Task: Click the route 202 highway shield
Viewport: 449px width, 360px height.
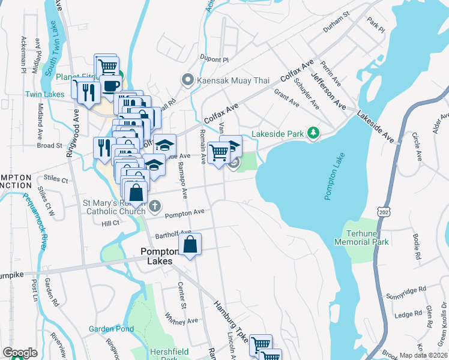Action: (383, 212)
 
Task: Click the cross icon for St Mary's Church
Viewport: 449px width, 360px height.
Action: (155, 206)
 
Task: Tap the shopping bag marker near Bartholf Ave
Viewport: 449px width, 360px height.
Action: (190, 245)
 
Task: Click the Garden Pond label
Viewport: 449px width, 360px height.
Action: (111, 329)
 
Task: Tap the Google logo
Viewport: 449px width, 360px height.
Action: (20, 353)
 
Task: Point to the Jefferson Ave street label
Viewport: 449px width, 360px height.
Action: (328, 91)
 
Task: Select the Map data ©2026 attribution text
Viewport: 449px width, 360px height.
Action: (424, 355)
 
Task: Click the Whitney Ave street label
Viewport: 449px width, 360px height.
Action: (181, 319)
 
